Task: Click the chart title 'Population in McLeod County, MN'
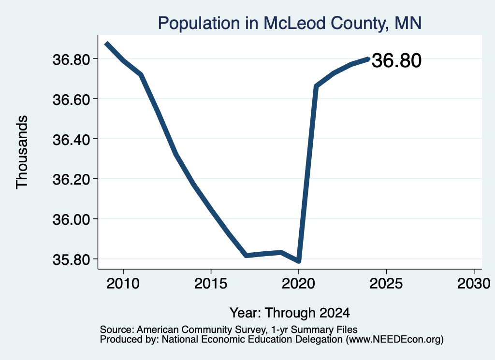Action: [x=290, y=23]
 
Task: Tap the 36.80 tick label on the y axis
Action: [x=72, y=59]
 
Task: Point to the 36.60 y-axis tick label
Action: [x=72, y=100]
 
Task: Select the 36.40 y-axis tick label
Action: [x=72, y=140]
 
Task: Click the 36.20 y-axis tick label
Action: [x=72, y=180]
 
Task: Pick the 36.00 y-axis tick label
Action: [x=72, y=219]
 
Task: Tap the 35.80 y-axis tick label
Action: [x=72, y=259]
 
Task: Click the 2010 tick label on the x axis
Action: [x=123, y=283]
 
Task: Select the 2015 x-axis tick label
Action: [x=211, y=283]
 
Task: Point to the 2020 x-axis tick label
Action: [x=298, y=283]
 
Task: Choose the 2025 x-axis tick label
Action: [x=386, y=283]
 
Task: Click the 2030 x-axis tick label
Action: [x=474, y=283]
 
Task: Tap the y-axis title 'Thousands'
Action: [x=22, y=152]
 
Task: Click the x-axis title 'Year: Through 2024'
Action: [x=290, y=313]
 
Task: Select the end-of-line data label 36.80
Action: [x=396, y=60]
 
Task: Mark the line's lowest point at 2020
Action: [x=298, y=261]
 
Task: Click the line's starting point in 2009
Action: [x=107, y=43]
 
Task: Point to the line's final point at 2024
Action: [x=368, y=58]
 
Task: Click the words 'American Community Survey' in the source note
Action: [x=201, y=330]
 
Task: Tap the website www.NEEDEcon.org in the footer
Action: [x=394, y=340]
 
